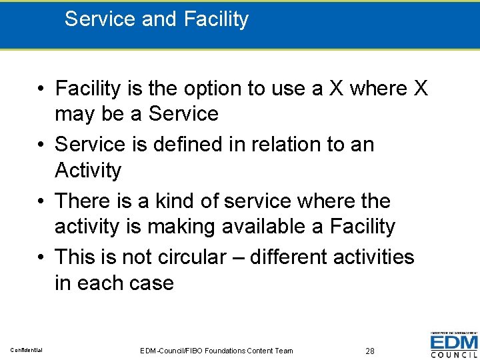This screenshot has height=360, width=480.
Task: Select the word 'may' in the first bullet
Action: [x=75, y=114]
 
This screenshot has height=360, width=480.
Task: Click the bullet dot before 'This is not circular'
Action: [x=42, y=257]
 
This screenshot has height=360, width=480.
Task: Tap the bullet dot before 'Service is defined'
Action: [x=42, y=145]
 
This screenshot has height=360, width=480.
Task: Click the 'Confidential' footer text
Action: [x=27, y=350]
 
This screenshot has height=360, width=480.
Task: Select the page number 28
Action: [x=371, y=351]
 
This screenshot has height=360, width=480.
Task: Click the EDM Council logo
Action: [x=453, y=344]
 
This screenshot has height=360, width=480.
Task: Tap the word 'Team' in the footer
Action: [x=283, y=351]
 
